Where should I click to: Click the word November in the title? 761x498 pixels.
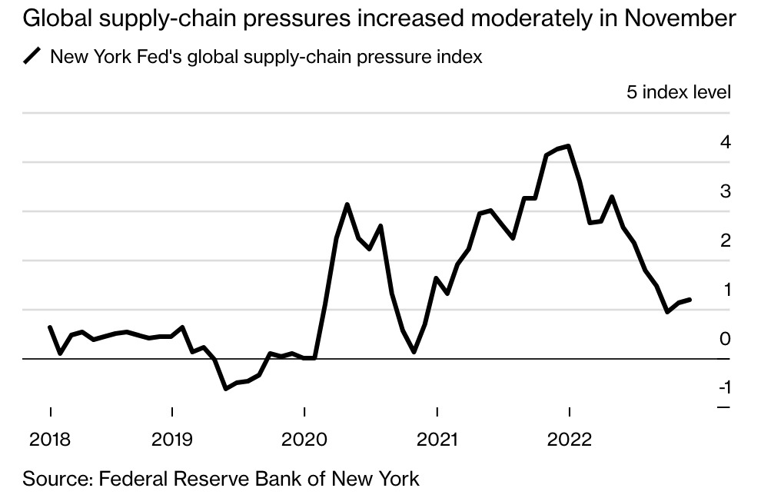tap(680, 18)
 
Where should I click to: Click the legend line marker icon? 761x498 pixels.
tap(33, 56)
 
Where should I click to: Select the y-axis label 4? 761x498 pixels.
tap(725, 142)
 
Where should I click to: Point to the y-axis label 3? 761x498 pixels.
tap(725, 191)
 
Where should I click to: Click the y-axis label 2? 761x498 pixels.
tap(725, 241)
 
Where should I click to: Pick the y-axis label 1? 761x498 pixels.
tap(725, 290)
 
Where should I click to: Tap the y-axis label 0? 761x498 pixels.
tap(725, 339)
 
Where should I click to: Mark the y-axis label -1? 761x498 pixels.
tap(723, 387)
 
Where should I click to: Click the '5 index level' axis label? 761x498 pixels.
tap(679, 93)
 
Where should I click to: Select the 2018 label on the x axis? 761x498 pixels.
tap(50, 440)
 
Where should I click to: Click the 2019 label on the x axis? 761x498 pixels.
tap(172, 440)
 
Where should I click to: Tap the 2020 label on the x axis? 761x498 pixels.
tap(304, 440)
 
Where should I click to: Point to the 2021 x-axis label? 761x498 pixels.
tap(436, 440)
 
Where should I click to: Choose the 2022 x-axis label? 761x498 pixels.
tap(569, 440)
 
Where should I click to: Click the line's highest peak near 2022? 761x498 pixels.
tap(568, 146)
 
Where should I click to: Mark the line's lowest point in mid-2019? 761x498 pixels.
tap(225, 388)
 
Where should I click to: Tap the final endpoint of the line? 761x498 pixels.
tap(690, 300)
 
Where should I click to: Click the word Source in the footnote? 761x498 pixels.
tap(56, 479)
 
